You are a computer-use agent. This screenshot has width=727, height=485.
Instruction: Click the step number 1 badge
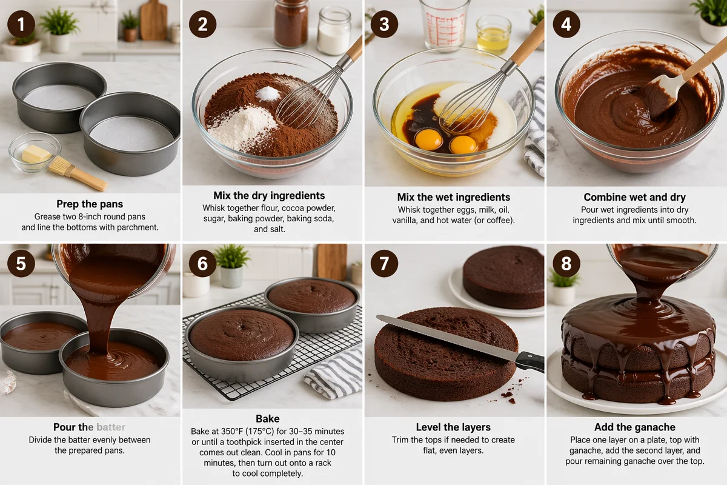21,24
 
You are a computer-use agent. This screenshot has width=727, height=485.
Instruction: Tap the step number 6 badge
202,263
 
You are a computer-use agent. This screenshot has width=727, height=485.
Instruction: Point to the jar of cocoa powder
291,24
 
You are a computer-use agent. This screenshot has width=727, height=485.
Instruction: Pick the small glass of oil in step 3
493,35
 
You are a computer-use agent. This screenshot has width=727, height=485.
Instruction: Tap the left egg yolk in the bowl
428,139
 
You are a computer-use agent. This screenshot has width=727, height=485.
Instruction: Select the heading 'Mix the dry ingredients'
269,196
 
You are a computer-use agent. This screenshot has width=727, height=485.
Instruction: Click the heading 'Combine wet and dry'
634,197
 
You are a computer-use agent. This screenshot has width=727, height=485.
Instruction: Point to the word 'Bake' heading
267,419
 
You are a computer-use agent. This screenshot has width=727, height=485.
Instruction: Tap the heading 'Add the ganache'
634,427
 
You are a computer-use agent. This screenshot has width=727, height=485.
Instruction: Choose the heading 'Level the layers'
453,427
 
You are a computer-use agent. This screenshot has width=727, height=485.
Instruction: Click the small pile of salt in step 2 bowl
268,93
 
